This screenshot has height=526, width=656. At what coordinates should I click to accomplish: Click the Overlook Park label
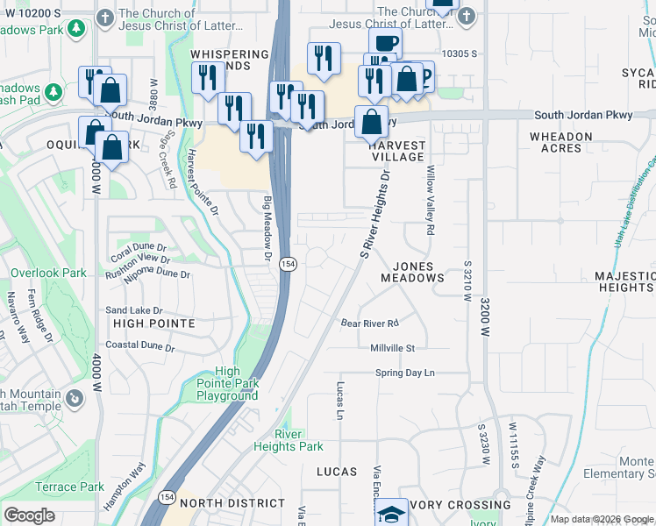coord(48,273)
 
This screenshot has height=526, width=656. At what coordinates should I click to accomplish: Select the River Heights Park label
coord(288,440)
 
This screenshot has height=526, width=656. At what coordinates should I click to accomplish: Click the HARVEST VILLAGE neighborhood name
coord(397,151)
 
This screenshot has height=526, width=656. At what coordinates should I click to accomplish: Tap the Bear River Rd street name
coord(370,323)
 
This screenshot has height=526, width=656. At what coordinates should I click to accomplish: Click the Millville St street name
coord(392,348)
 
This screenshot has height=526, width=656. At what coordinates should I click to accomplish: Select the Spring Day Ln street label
coord(405,373)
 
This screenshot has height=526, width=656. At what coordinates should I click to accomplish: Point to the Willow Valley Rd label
coord(431,201)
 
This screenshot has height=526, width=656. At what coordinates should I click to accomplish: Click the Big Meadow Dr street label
coord(267,228)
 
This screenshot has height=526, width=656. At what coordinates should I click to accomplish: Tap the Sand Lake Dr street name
coord(134,310)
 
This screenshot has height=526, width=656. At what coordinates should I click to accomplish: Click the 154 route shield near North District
coord(167,498)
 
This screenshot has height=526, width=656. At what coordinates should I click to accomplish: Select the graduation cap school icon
coord(393,513)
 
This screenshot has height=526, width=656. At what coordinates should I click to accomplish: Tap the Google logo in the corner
coord(29,515)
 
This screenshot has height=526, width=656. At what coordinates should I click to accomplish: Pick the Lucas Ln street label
coord(339,400)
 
